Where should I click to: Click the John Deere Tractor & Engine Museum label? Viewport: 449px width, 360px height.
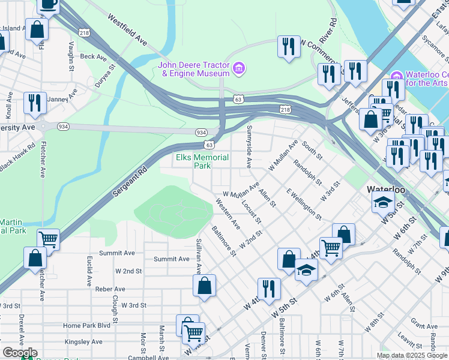point(194,69)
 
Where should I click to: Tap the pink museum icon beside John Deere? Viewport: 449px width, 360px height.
point(240,68)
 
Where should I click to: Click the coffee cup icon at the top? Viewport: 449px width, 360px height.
point(48,5)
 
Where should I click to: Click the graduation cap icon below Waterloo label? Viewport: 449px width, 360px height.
point(383,205)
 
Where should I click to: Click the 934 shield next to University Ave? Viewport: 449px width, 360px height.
point(63,127)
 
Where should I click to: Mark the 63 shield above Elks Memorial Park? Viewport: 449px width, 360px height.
point(208,145)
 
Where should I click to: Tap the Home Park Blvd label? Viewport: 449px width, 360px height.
point(87,325)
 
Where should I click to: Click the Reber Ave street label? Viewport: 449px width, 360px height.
point(93,289)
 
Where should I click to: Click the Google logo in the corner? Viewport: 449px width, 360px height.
point(19,353)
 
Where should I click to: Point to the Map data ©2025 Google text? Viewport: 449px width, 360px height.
point(412,355)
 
